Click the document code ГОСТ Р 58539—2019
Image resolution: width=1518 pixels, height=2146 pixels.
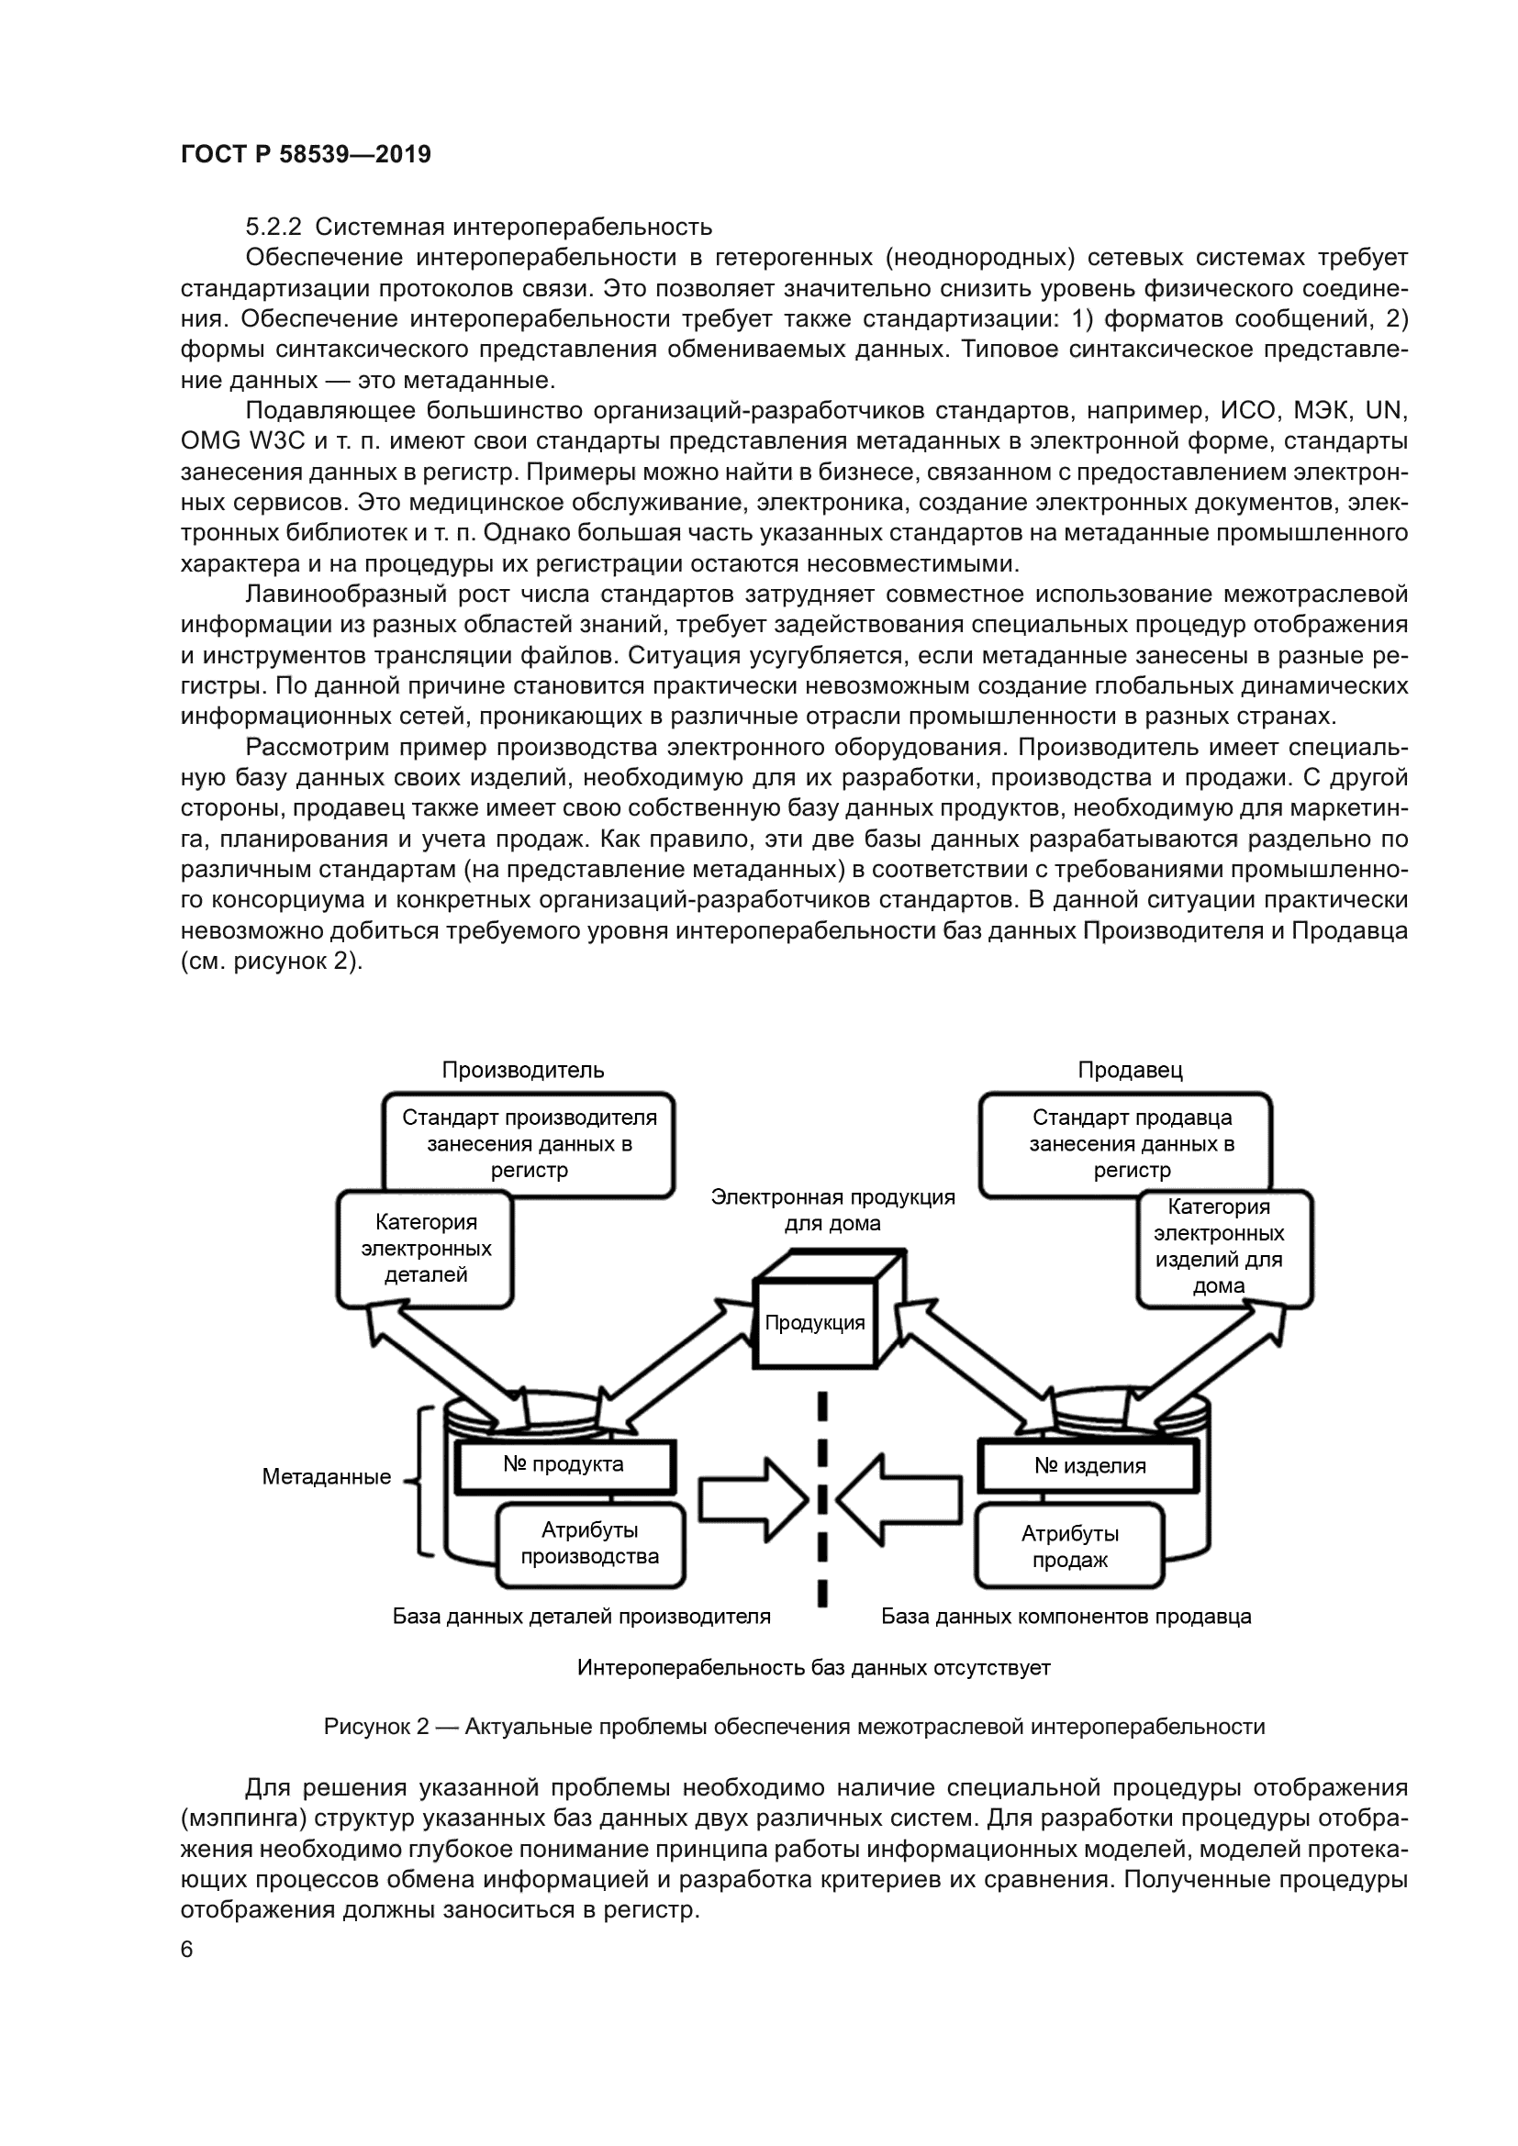tap(306, 154)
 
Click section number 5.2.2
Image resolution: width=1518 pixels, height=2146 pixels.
tap(273, 228)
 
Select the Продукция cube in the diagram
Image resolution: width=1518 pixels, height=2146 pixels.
tap(814, 1323)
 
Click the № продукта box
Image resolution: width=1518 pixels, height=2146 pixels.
tap(564, 1464)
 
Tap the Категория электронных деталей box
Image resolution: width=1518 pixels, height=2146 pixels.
tap(425, 1248)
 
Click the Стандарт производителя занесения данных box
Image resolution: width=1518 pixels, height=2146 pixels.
tap(529, 1143)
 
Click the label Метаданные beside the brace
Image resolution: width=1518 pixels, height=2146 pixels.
tap(326, 1477)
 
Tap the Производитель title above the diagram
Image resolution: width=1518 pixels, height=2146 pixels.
tap(522, 1070)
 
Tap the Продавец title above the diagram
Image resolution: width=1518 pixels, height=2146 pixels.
tap(1130, 1070)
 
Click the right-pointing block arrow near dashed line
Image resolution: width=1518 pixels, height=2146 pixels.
tap(752, 1498)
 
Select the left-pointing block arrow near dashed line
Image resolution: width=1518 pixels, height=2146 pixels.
tap(899, 1498)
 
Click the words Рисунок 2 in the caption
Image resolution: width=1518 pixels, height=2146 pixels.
tap(375, 1727)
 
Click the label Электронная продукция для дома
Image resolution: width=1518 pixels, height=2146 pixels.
tap(832, 1209)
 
